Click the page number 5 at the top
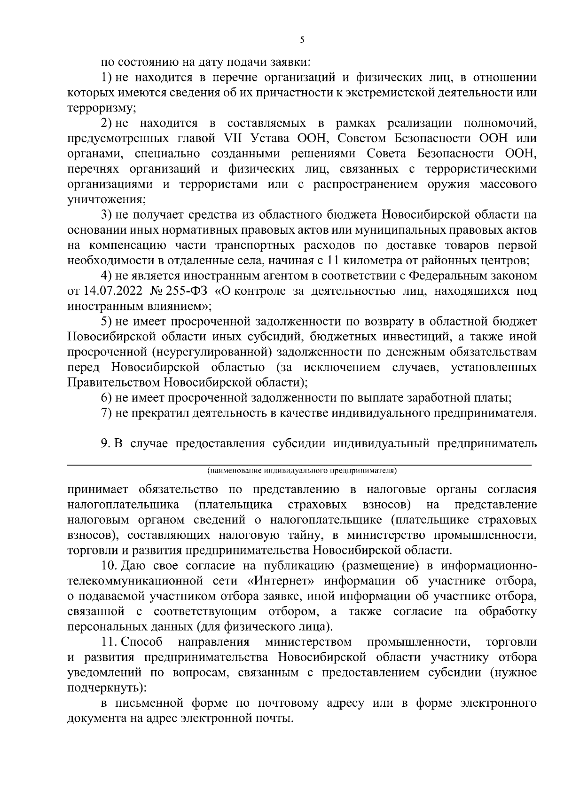click(x=302, y=40)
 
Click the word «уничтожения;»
click(x=106, y=199)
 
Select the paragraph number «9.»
click(x=106, y=444)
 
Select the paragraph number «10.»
click(x=109, y=566)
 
